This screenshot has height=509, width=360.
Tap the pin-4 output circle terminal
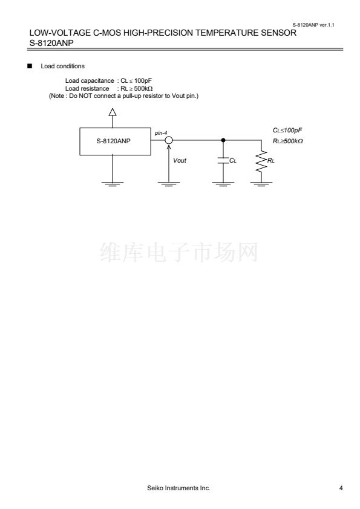coord(169,140)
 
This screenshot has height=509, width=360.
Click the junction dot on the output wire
coord(223,140)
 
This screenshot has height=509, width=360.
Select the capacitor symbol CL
coord(223,160)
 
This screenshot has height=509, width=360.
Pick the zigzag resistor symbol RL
coord(261,161)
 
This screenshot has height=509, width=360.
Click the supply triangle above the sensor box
coord(113,112)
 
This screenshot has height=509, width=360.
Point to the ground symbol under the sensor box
coord(113,184)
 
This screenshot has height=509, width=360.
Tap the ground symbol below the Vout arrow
coord(169,184)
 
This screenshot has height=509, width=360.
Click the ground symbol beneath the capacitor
coord(223,184)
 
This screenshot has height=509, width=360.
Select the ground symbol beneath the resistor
coord(261,184)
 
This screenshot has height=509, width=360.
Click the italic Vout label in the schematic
coord(180,160)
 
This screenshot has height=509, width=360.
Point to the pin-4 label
coord(161,133)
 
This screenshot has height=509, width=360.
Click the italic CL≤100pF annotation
coord(287,130)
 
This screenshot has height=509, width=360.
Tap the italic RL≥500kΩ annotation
coord(288,141)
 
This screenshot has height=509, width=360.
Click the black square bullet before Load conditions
coord(30,66)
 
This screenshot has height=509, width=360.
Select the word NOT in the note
coord(85,96)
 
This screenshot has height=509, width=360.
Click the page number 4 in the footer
coord(341,488)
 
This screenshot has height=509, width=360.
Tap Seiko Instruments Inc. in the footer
coord(178,488)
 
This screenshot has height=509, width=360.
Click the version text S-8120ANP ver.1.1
coord(313,25)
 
